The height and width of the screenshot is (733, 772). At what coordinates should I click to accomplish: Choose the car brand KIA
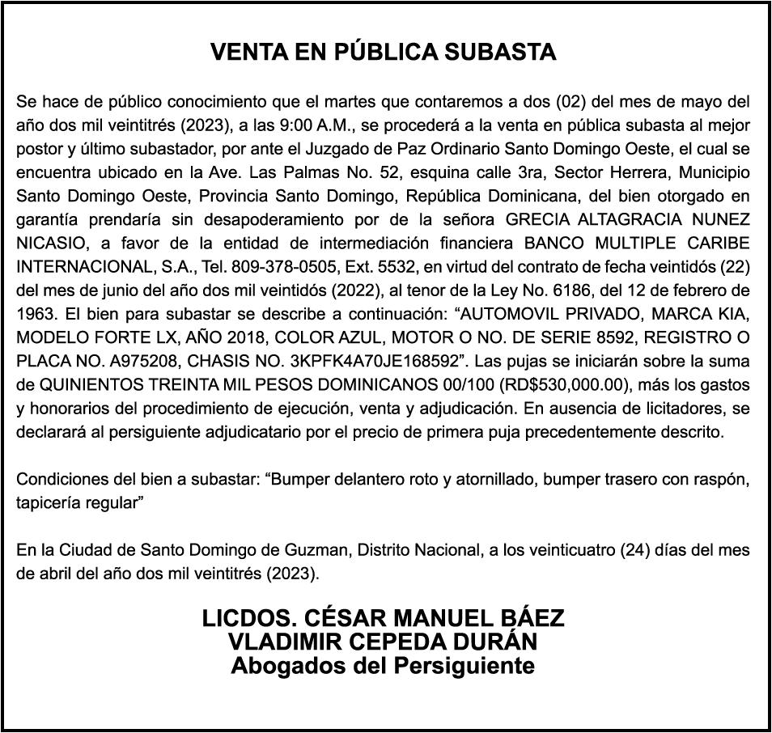pos(733,313)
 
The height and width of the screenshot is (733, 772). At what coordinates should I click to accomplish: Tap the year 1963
pos(35,313)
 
